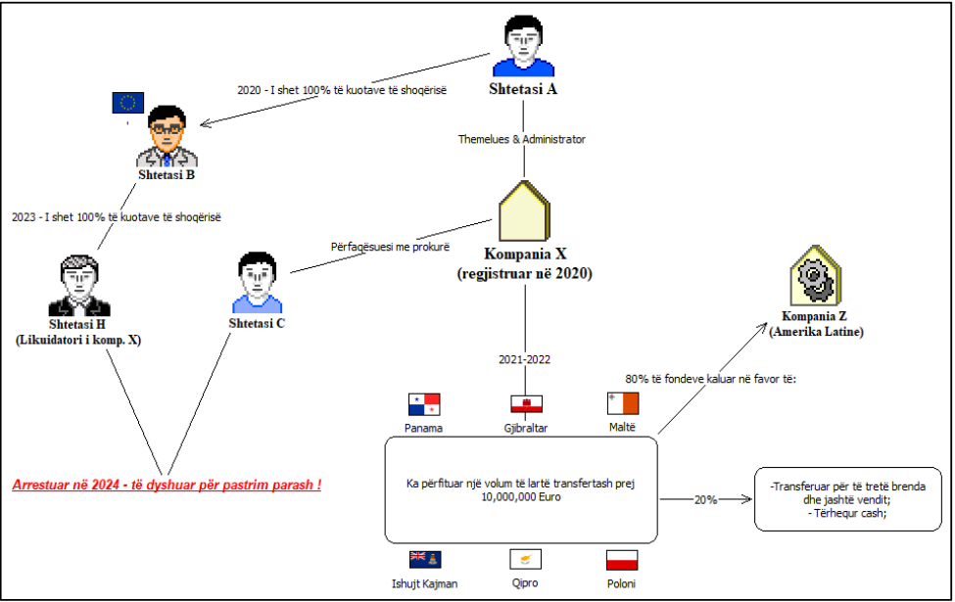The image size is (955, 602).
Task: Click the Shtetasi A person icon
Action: point(523,50)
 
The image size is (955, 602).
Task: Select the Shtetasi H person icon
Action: point(80,286)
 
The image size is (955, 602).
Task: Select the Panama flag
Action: point(424,404)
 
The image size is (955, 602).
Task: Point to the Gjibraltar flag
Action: point(526,404)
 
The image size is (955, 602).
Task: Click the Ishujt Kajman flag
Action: point(424,560)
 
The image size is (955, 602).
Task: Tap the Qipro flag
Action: point(525,560)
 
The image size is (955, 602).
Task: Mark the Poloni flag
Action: point(622,560)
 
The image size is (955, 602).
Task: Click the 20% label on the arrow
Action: point(706,499)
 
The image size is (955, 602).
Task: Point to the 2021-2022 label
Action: point(524,359)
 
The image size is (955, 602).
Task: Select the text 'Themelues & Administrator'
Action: point(522,139)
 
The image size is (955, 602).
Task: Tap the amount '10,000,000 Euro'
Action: point(520,497)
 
